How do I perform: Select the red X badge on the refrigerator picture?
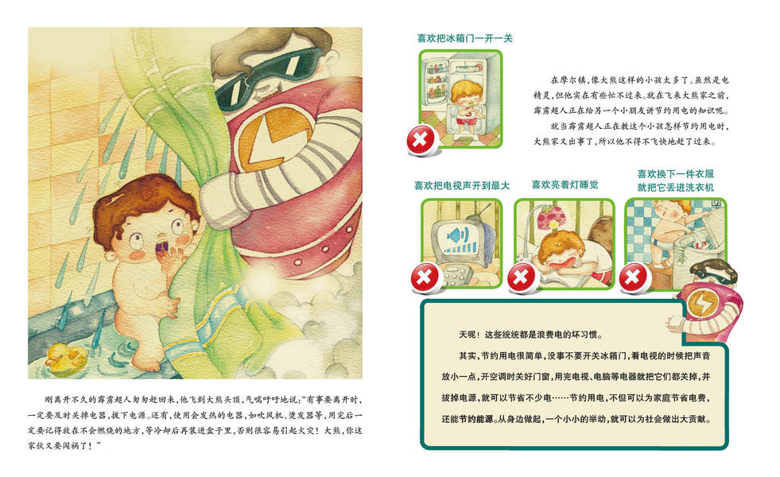tap(421, 140)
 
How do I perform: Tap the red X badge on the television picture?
tap(425, 277)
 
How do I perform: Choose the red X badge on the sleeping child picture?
tap(522, 277)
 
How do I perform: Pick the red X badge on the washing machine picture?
tap(633, 277)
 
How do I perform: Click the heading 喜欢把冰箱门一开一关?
tap(464, 38)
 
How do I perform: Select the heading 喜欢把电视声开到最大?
tap(462, 185)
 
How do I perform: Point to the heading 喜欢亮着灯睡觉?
tap(565, 184)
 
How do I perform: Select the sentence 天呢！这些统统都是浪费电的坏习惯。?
tap(530, 335)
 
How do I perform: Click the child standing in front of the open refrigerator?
tap(466, 106)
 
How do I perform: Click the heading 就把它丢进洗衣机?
tap(676, 188)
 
